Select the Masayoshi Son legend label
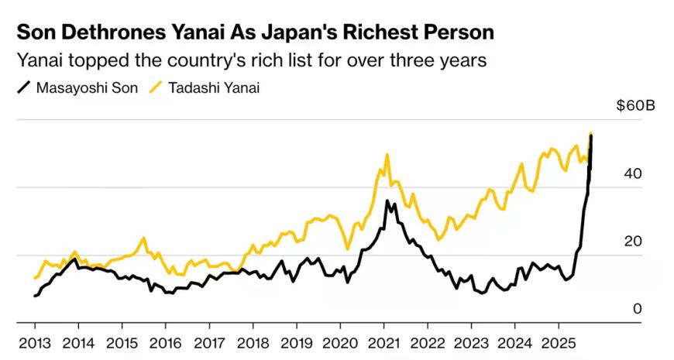(x=87, y=87)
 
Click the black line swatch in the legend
(x=23, y=87)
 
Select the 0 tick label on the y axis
(x=638, y=309)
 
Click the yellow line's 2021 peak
(x=387, y=155)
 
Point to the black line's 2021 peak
(x=387, y=201)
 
